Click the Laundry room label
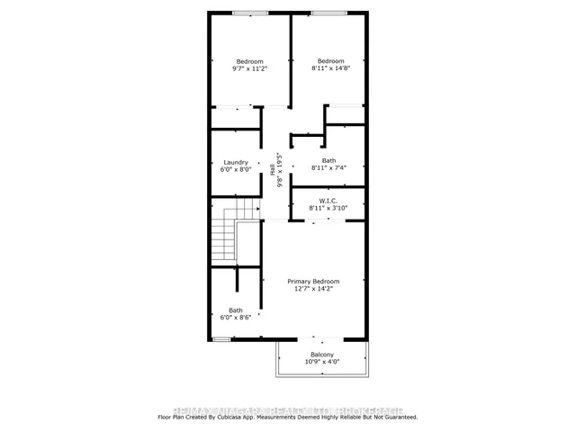point(236,163)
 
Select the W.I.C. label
point(328,201)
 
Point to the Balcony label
point(322,355)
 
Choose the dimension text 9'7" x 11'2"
point(249,68)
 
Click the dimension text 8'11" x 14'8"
point(330,68)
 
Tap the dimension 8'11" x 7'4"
point(328,168)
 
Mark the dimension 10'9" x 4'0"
point(322,363)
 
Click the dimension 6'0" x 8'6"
point(236,319)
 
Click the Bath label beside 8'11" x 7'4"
point(328,160)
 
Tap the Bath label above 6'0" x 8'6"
point(236,310)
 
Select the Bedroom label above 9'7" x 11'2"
point(249,60)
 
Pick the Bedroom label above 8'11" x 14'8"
point(330,60)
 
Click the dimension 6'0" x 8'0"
point(236,171)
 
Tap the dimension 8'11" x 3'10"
point(328,209)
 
